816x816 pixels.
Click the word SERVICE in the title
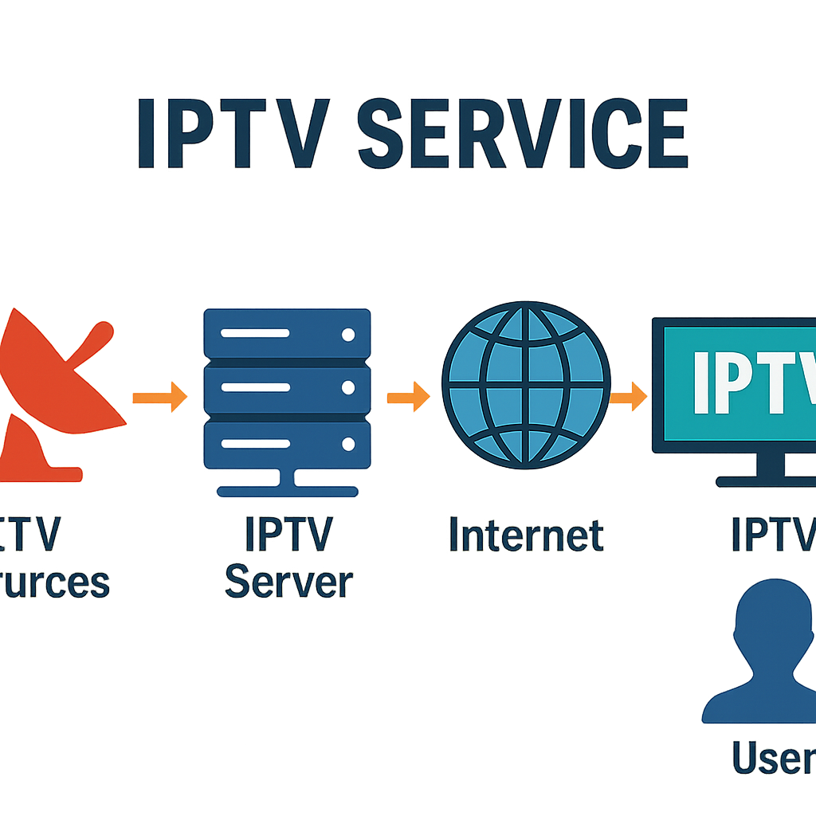coord(523,134)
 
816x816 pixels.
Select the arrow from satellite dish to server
coord(159,396)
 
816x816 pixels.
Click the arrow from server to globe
coord(408,396)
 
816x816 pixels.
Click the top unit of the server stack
coord(288,333)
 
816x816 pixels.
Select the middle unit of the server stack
coord(288,388)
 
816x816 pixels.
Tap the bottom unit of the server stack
coord(288,444)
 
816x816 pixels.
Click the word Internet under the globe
coord(526,535)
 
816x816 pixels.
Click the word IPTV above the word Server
coord(288,535)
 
